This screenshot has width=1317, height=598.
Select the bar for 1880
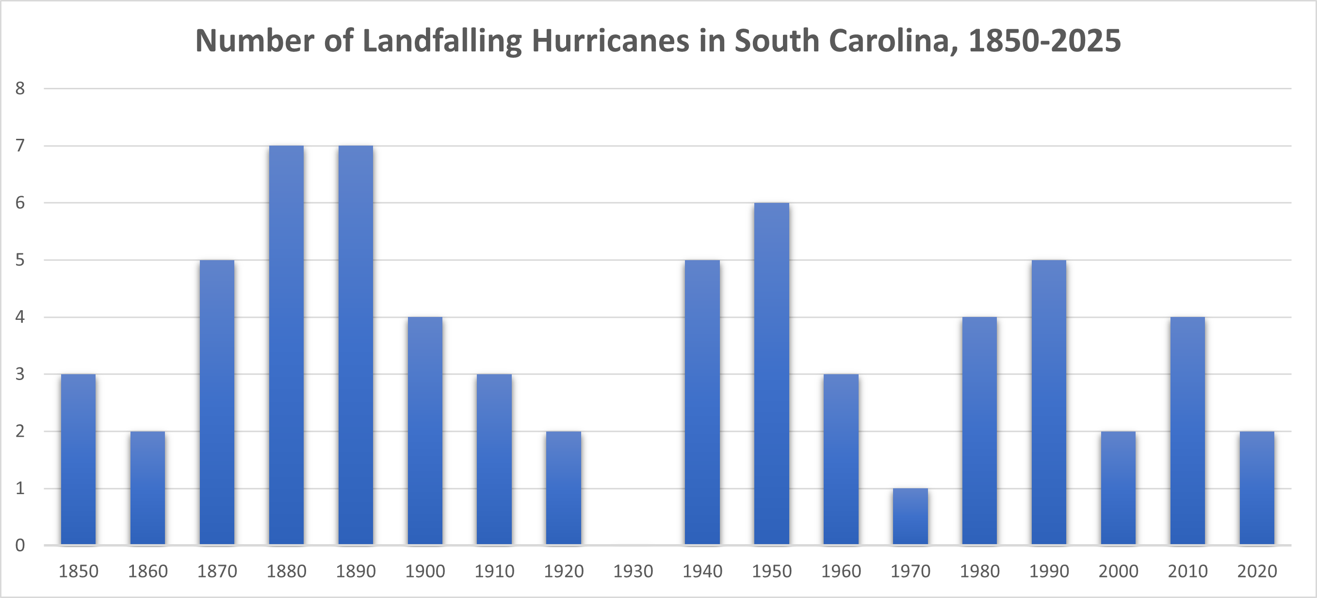click(x=286, y=345)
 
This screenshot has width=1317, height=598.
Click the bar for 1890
click(x=356, y=345)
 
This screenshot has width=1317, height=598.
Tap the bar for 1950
click(x=771, y=373)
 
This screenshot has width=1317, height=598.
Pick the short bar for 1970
click(x=910, y=516)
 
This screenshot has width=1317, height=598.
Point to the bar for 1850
click(x=78, y=459)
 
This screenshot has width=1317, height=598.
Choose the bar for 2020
click(x=1257, y=487)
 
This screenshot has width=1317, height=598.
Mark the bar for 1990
click(x=1049, y=402)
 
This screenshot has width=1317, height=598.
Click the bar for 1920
click(x=563, y=487)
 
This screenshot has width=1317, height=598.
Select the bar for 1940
click(x=702, y=402)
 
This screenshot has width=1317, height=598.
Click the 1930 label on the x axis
click(x=633, y=571)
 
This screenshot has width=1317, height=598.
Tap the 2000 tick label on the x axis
click(x=1118, y=571)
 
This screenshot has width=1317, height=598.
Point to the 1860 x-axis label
click(x=148, y=571)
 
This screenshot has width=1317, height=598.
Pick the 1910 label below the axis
click(x=494, y=571)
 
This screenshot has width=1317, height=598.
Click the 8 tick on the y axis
click(x=20, y=88)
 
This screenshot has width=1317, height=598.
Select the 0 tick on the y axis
click(x=20, y=545)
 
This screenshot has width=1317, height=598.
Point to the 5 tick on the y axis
click(x=20, y=260)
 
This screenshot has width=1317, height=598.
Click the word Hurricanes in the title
click(x=610, y=40)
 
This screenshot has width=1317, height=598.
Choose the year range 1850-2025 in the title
click(x=1044, y=40)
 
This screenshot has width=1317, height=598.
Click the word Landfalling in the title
click(x=442, y=40)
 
